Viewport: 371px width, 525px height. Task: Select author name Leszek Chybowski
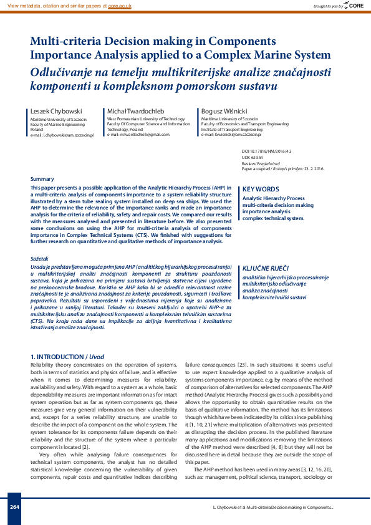(x=57, y=111)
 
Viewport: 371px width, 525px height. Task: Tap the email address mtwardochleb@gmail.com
(x=138, y=134)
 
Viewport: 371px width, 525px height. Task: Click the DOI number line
(x=265, y=152)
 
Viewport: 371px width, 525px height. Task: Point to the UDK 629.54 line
(x=253, y=157)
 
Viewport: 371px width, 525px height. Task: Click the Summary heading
(x=42, y=179)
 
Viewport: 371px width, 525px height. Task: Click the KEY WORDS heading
(x=261, y=190)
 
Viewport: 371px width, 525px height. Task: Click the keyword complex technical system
(x=273, y=219)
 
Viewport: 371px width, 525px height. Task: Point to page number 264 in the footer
(x=14, y=506)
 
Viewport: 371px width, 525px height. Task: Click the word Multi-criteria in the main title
(x=65, y=42)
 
